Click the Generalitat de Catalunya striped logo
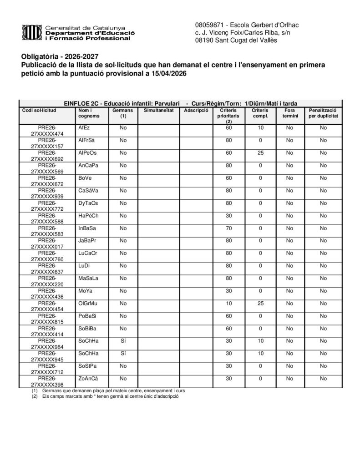[32, 32]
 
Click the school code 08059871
[209, 24]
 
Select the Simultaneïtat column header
[158, 111]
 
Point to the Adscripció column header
[196, 111]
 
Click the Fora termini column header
[289, 113]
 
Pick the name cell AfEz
[84, 128]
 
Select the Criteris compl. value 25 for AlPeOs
[260, 153]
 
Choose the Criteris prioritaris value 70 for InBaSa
[229, 228]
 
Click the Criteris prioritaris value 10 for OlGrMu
[229, 303]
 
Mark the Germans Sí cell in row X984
[123, 340]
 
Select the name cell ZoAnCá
[88, 378]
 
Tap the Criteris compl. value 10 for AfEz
[260, 128]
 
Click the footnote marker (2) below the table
[34, 396]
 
